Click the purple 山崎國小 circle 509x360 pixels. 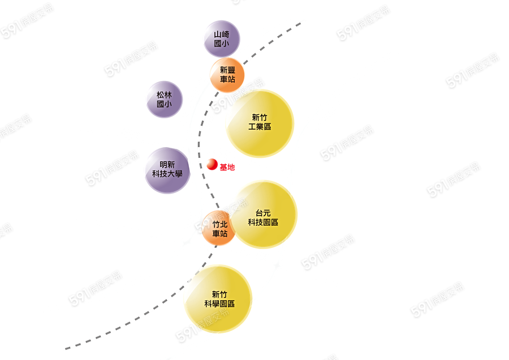[x=221, y=38]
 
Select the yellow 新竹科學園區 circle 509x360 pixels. [x=218, y=299]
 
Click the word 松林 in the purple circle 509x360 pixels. [x=163, y=95]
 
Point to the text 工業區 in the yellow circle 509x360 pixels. [x=260, y=127]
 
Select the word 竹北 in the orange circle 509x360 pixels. [x=220, y=224]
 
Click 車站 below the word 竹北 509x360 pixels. [x=220, y=233]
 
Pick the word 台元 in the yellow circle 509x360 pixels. [x=263, y=213]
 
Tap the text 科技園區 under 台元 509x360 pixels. [x=263, y=222]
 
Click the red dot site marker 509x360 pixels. [x=212, y=165]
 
